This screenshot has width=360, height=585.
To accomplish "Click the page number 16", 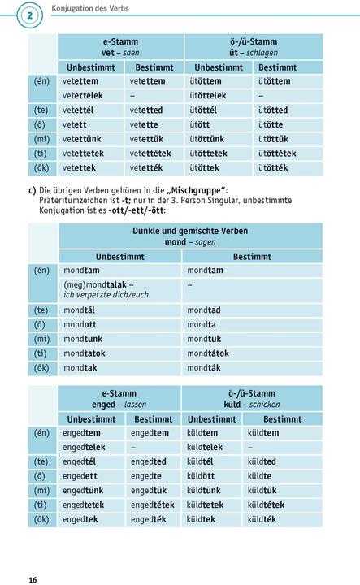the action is pyautogui.click(x=32, y=579).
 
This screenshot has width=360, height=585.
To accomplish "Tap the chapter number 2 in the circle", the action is pyautogui.click(x=30, y=16).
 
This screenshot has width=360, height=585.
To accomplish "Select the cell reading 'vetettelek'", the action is pyautogui.click(x=83, y=95).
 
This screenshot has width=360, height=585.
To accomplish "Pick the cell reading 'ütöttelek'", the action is pyautogui.click(x=211, y=95).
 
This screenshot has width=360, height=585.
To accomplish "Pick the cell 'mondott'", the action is pyautogui.click(x=80, y=324).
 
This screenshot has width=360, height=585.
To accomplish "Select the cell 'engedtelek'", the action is pyautogui.click(x=84, y=447).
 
